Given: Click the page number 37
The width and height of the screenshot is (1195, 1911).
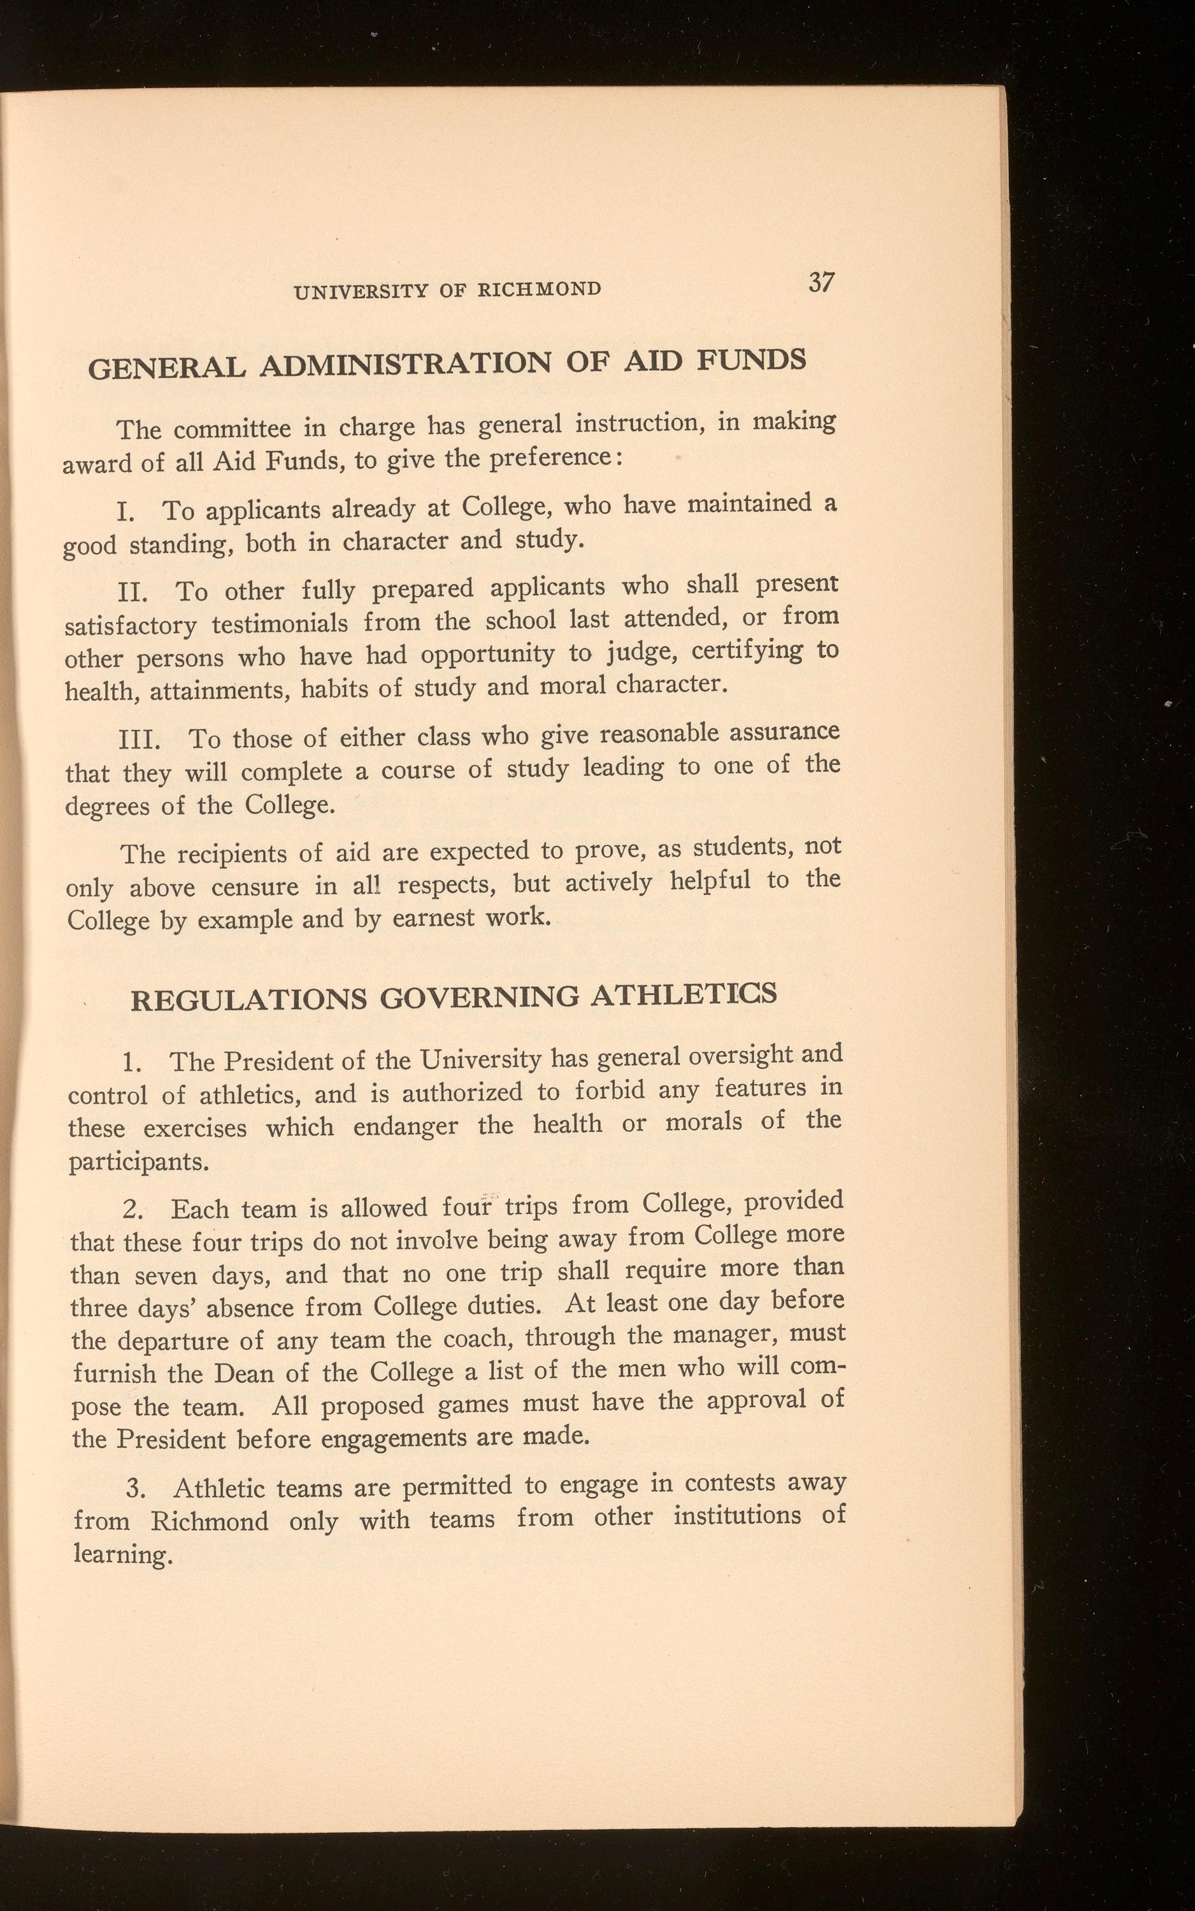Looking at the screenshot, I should click(x=821, y=282).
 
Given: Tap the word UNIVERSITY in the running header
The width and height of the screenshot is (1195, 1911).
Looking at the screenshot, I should click(x=360, y=292).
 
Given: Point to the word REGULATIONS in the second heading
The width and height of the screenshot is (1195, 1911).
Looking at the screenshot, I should click(x=248, y=999).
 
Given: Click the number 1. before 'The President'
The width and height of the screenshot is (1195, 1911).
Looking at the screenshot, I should click(x=132, y=1064).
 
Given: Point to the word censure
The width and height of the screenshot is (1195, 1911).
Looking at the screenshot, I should click(x=255, y=887).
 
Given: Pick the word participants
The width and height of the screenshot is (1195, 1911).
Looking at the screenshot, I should click(x=139, y=1163).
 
